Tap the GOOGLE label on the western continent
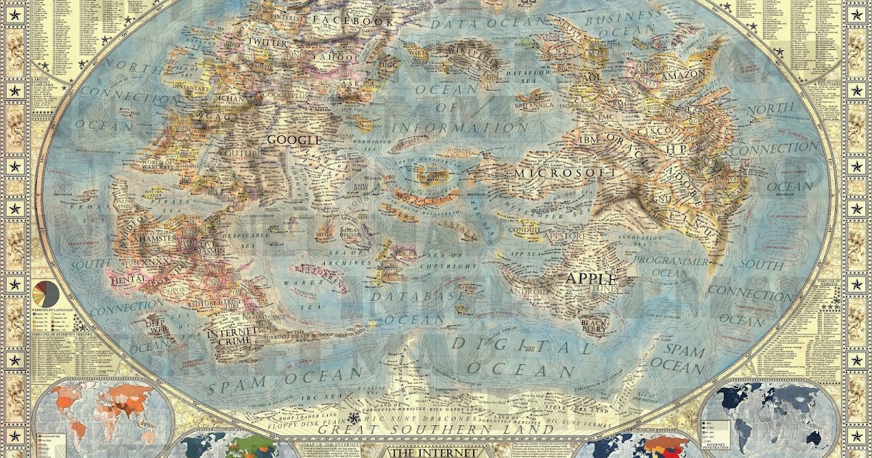294,140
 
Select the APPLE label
591,278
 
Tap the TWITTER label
267,43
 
